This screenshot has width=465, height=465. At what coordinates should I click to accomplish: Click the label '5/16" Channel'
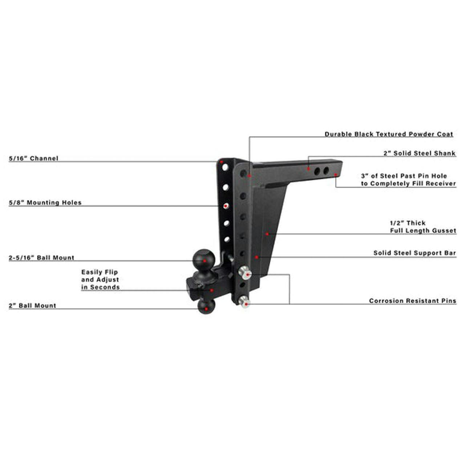[33, 158]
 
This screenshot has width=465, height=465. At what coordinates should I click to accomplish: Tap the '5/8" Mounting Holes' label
[45, 203]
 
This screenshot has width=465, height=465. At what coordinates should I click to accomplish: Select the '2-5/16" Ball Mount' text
[41, 258]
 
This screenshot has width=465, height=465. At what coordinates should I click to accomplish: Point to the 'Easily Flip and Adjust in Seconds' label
[100, 280]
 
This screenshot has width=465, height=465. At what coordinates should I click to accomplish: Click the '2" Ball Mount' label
[32, 306]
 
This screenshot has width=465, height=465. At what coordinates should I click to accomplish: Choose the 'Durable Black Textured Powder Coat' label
[389, 134]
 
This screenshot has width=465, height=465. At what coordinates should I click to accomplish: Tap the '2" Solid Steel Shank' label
[420, 153]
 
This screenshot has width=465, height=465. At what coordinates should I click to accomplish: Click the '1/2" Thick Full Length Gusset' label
[423, 227]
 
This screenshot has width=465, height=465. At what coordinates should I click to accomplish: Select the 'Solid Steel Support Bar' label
[415, 253]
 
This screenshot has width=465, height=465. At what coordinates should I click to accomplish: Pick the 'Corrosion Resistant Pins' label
[413, 301]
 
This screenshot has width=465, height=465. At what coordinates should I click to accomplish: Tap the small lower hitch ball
[206, 306]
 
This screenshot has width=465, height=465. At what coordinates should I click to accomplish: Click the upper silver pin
[245, 274]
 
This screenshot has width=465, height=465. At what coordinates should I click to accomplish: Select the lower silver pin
[244, 302]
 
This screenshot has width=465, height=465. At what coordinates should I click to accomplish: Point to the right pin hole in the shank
[326, 171]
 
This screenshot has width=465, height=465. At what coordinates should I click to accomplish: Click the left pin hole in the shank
[317, 171]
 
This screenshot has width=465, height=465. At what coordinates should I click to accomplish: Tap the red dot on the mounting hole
[226, 206]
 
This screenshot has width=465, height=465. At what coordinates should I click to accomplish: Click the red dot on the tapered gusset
[267, 234]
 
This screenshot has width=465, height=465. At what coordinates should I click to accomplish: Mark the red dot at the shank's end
[335, 174]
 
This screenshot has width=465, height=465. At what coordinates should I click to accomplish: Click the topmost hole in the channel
[225, 167]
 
